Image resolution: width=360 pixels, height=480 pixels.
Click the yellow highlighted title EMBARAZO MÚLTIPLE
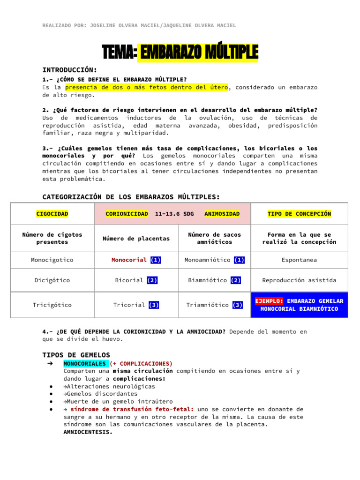[x=197, y=53]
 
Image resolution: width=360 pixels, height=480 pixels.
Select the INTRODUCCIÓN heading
[x=70, y=69]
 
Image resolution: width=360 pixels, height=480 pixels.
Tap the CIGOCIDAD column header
[x=52, y=214]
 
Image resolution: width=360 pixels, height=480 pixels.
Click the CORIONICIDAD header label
[x=127, y=214]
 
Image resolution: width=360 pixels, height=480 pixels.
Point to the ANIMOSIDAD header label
[x=222, y=214]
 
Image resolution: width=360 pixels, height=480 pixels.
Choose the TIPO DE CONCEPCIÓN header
[x=299, y=214]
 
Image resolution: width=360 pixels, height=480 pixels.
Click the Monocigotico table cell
[x=52, y=259]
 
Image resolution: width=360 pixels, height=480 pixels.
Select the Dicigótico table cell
[x=52, y=280]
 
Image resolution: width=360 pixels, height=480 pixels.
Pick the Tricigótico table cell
[x=52, y=305]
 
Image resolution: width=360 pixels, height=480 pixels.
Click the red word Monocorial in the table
[x=129, y=259]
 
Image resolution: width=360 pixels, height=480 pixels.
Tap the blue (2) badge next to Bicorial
[x=152, y=280]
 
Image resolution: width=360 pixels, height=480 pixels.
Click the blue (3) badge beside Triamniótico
[x=237, y=305]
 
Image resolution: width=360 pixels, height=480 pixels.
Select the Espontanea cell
[x=299, y=259]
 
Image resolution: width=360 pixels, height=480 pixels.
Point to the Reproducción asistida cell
[x=299, y=280]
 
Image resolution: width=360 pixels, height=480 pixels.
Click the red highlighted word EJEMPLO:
[x=269, y=301]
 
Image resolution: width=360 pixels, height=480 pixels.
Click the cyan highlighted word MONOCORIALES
[x=85, y=363]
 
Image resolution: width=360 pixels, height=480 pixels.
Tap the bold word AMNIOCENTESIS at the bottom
[x=88, y=432]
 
